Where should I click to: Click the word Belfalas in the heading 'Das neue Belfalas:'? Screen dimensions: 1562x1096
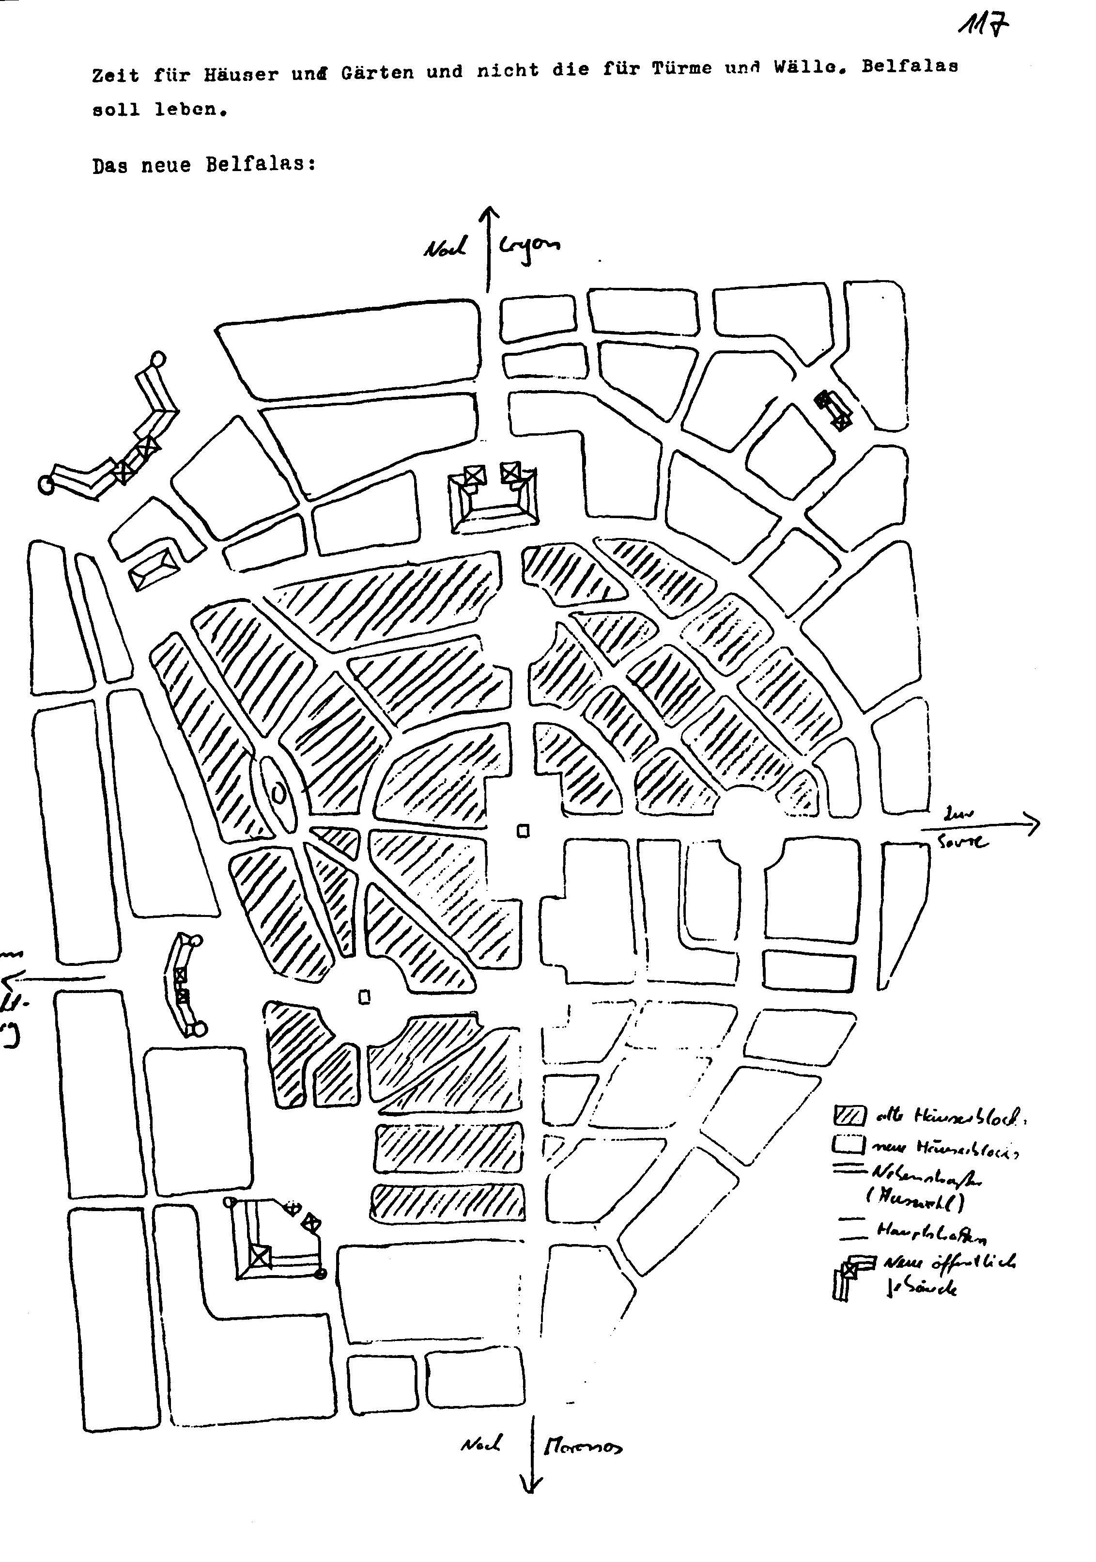click(x=261, y=165)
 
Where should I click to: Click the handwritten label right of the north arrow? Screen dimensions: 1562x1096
click(x=530, y=246)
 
